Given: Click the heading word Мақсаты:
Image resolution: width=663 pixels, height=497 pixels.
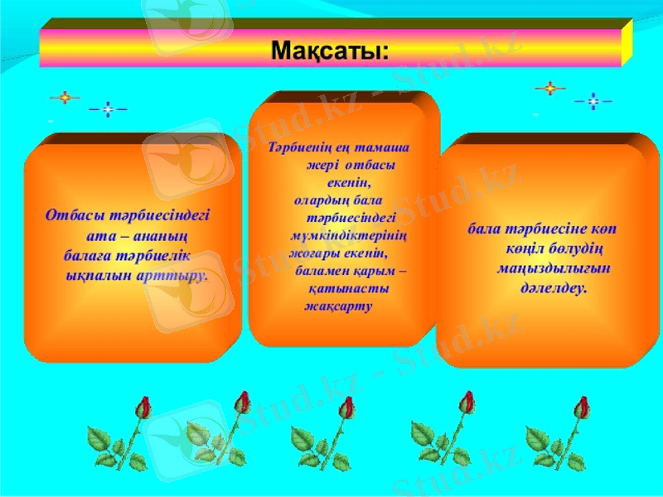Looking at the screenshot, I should coord(330,51).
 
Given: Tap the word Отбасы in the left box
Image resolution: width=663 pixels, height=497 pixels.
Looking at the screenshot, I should coord(75,215).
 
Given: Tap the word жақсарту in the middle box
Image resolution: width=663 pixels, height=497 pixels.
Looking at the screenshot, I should coord(339,306).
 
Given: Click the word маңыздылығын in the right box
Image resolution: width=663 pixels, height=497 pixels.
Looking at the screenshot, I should coord(542,268).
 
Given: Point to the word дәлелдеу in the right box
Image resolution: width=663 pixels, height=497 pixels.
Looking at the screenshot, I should coord(554,288).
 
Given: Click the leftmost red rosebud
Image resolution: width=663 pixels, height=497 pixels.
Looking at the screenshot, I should coord(143,407).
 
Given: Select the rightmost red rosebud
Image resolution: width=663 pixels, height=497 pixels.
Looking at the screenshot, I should coord(583,407).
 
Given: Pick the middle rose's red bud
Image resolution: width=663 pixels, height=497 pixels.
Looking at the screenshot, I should coord(346,407).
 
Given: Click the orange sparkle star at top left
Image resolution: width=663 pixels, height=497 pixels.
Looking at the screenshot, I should coord(64,97).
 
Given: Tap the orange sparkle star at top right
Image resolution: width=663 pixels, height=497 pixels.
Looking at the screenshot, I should coord(549,87).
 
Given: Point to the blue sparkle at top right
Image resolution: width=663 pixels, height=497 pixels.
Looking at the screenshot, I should coord(593,102).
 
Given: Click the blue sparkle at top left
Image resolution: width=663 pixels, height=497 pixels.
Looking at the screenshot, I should coord(108,109).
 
